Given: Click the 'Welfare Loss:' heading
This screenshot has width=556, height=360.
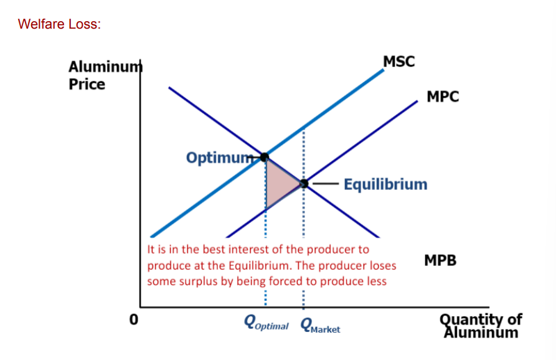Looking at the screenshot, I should click(x=59, y=24).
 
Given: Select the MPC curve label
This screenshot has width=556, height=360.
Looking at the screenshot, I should click(x=443, y=97).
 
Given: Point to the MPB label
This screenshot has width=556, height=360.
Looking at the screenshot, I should click(x=440, y=260).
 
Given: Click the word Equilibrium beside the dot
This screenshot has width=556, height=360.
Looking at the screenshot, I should click(x=385, y=184).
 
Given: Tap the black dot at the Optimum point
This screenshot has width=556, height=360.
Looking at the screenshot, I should click(x=265, y=157).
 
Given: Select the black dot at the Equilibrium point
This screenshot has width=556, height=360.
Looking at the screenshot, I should click(x=304, y=184).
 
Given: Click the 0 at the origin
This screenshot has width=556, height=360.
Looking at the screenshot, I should click(x=132, y=320).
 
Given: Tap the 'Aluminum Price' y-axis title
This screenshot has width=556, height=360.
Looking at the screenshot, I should click(x=100, y=75).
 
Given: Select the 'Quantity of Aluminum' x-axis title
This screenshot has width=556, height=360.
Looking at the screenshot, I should click(x=481, y=324).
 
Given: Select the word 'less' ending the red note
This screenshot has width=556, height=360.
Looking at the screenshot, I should click(x=376, y=282).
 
